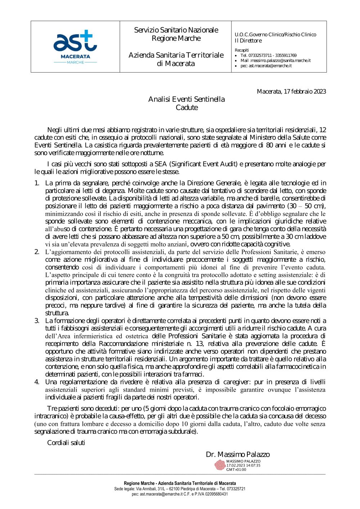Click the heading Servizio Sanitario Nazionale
point(176,30)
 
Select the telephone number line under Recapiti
point(268,55)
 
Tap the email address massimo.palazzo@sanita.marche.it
point(275,60)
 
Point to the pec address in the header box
point(266,66)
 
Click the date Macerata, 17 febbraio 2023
point(291,91)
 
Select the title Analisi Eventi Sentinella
point(186,99)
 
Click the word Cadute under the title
point(187,107)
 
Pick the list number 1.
point(37,183)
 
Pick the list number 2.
point(37,252)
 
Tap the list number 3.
point(37,320)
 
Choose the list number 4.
point(37,382)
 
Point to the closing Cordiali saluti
point(66,442)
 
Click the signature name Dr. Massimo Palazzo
point(238,454)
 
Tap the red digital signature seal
point(220,465)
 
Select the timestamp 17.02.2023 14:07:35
point(243,465)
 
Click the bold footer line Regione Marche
point(180,483)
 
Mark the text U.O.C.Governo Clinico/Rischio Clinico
point(275,35)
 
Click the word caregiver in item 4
point(237,382)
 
